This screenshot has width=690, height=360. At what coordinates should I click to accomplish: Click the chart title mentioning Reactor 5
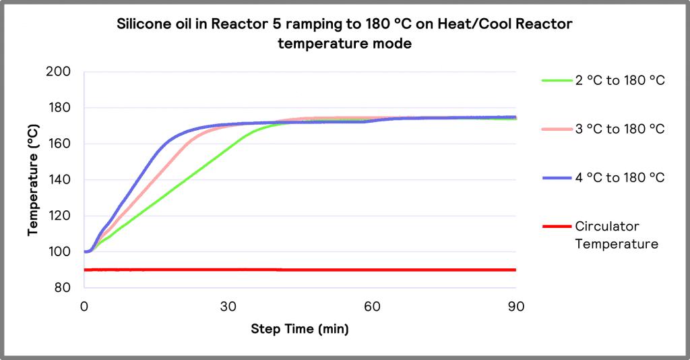point(344,34)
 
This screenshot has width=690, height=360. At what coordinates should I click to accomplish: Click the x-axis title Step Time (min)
point(300,329)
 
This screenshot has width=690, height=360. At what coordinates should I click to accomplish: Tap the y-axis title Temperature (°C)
point(33,180)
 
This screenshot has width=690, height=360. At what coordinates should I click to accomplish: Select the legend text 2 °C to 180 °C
point(620,81)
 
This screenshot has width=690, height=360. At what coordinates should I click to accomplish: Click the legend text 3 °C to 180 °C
point(620,129)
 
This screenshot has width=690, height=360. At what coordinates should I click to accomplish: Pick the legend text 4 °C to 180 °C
point(620,177)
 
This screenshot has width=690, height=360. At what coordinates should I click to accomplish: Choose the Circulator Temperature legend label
point(616,235)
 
